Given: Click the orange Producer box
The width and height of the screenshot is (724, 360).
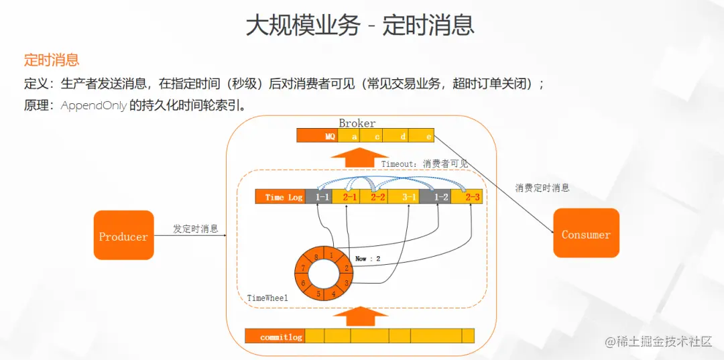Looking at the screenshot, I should [x=123, y=235].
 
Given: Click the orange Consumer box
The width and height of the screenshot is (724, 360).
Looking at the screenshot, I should [x=585, y=233].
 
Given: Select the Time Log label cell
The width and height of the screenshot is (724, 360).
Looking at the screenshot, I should [x=281, y=197].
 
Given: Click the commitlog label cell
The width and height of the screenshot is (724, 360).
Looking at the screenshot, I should [x=275, y=337].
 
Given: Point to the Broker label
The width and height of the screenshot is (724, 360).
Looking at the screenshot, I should [x=357, y=123].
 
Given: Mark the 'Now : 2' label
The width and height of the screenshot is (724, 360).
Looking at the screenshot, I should [x=368, y=258].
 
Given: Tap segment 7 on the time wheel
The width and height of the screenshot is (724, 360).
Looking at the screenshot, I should [x=303, y=269].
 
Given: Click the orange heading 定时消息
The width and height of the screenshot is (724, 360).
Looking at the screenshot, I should [x=52, y=60].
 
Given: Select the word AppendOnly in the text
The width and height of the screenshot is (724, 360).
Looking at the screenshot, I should [x=93, y=106].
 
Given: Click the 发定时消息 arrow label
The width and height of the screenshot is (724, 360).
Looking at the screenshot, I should [x=196, y=229].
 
